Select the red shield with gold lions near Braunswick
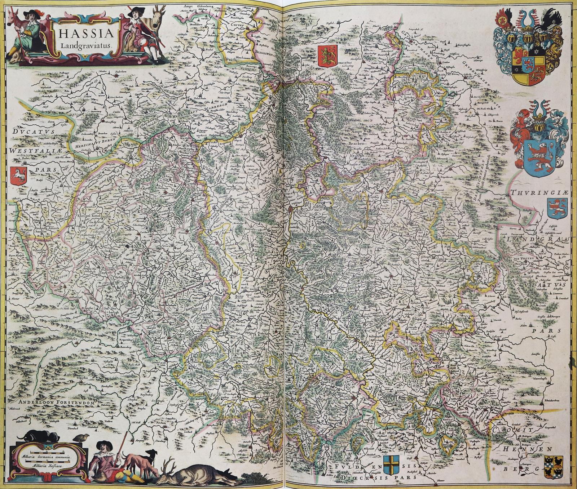(327, 55)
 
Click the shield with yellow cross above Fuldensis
(391, 466)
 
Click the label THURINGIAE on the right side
(539, 193)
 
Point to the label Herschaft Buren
(93, 142)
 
